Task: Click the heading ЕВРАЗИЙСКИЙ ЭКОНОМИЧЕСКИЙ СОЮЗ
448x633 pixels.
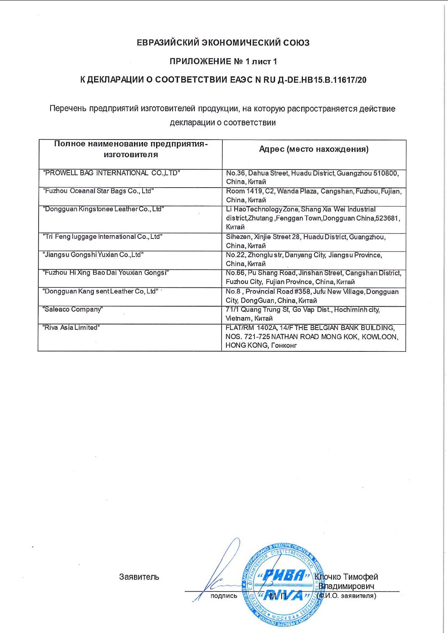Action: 223,43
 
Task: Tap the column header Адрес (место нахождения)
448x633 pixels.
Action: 314,149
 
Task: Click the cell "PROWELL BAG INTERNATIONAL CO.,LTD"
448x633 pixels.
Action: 111,173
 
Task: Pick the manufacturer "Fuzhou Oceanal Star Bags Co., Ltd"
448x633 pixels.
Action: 99,191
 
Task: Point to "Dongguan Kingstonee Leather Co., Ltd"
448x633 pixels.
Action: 104,209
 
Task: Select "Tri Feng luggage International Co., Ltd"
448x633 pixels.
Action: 103,236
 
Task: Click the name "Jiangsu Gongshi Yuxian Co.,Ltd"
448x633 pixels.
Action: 93,255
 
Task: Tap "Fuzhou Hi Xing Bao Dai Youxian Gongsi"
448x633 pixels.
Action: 106,273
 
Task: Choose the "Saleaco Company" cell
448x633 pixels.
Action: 73,309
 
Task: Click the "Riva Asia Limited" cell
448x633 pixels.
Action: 72,327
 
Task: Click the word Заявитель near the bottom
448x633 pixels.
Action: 139,577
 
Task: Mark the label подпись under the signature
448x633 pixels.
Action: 224,596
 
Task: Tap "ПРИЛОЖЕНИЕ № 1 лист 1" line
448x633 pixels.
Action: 223,62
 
